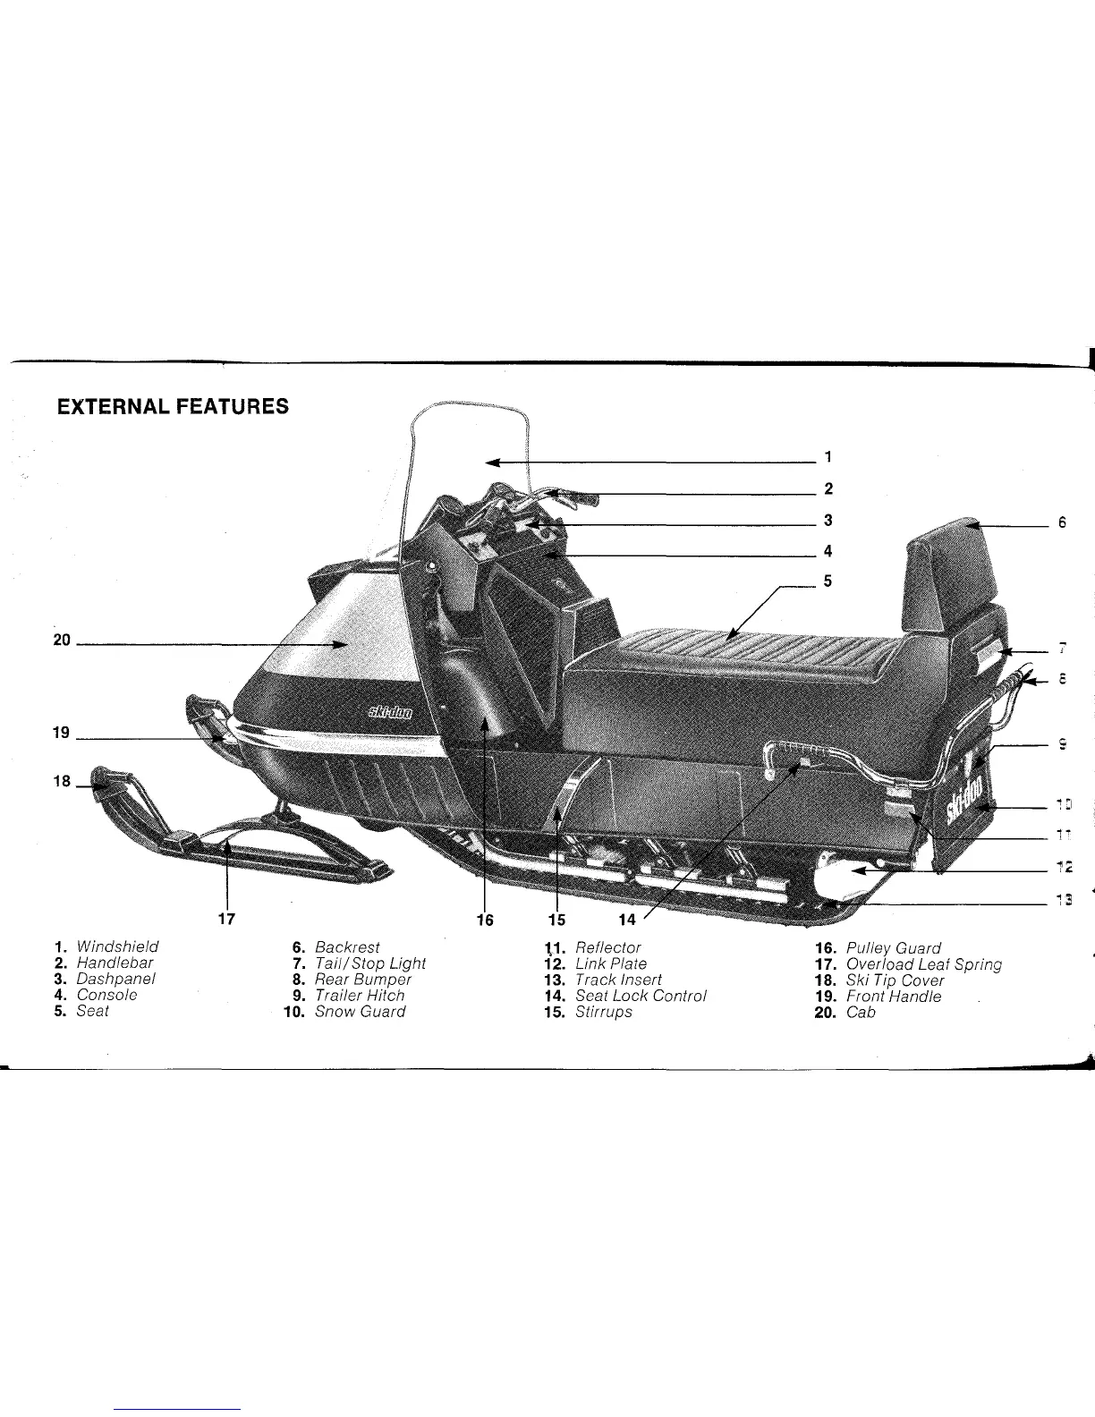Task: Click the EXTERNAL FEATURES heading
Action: (173, 407)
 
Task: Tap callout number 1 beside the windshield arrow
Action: (828, 457)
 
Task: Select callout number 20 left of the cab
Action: (62, 641)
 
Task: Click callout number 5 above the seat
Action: (828, 581)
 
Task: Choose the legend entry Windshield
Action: (117, 946)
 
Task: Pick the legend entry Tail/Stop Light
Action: (369, 963)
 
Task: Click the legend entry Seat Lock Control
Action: (640, 996)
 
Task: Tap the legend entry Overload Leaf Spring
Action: (922, 964)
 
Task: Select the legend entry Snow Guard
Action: (360, 1012)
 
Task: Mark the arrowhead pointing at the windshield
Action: (490, 462)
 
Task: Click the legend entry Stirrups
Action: (603, 1012)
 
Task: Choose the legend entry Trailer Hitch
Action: (360, 996)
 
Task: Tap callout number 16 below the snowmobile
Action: (484, 918)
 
